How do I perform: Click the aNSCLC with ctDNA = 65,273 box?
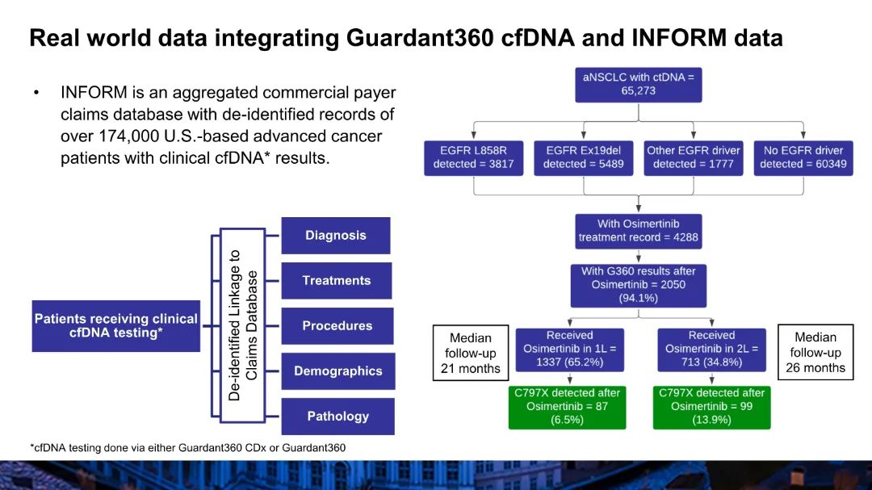point(639,84)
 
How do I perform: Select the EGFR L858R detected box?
point(473,157)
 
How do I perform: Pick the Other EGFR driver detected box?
point(693,157)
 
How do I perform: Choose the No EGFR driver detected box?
point(803,157)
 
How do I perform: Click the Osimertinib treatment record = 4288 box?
point(639,231)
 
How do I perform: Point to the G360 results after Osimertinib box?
point(639,284)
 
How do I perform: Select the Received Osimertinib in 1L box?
point(569,349)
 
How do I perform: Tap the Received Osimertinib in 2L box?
point(711,349)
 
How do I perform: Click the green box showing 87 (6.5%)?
point(568,407)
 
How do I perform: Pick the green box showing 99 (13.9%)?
point(711,407)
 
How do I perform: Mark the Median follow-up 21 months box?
point(471,353)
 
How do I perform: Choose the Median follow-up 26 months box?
point(815,353)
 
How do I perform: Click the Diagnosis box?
point(335,236)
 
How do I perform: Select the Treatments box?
point(336,281)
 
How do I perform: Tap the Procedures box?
point(337,326)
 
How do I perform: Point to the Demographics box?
point(337,371)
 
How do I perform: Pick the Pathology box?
point(337,417)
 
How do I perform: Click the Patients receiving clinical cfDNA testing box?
point(115,326)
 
